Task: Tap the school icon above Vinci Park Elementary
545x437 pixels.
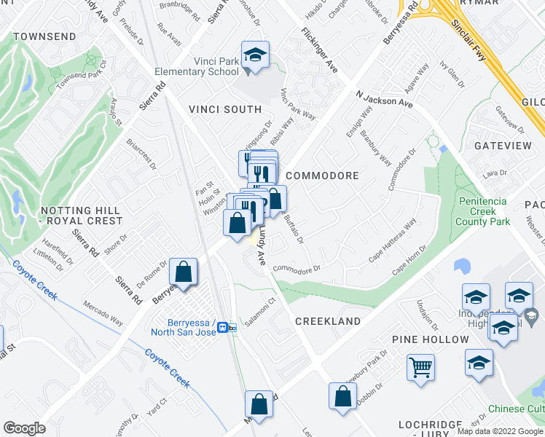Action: tap(256, 55)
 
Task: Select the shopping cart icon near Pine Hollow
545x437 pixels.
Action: tap(420, 366)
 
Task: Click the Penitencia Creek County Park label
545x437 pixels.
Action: tap(482, 211)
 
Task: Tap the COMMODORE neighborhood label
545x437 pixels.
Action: tap(323, 176)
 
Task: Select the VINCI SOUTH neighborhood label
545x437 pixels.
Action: tap(225, 109)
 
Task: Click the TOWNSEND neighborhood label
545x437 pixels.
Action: tap(44, 36)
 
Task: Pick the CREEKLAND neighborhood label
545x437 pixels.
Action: tap(328, 321)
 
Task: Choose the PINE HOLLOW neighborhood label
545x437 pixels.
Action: tap(430, 339)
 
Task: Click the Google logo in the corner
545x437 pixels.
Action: tap(24, 428)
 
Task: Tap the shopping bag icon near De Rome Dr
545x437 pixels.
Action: tap(184, 272)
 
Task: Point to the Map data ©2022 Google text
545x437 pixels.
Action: tap(500, 431)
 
